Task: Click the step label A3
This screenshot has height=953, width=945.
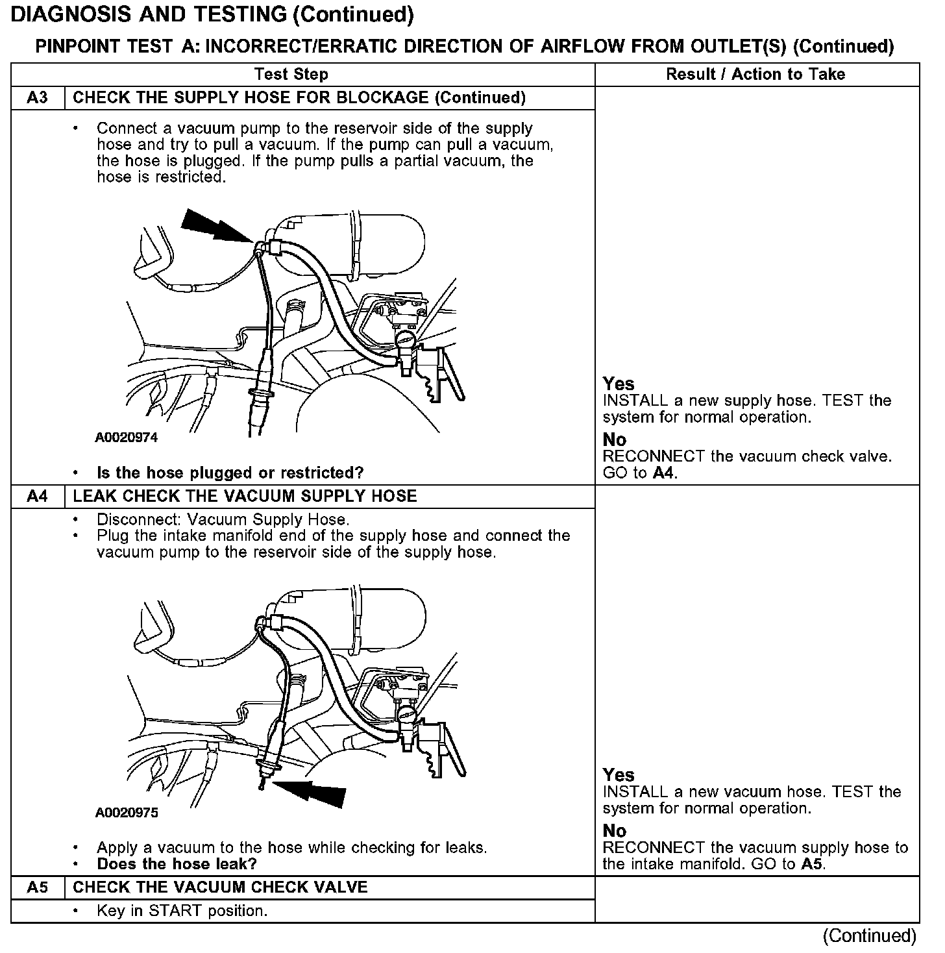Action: [38, 98]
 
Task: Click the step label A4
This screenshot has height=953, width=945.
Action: [38, 497]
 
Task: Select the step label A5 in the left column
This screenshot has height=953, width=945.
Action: [38, 887]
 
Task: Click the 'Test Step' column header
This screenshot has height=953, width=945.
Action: [291, 75]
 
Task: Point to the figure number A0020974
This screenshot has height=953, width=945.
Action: [126, 438]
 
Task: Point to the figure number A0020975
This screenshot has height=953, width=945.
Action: [126, 813]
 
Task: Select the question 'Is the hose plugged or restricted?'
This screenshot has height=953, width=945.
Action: [230, 473]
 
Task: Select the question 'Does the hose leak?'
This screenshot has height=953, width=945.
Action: [177, 864]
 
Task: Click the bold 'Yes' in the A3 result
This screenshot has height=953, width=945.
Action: [618, 384]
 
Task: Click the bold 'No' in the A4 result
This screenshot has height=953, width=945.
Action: [614, 831]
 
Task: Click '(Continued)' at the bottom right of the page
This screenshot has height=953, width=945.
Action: [869, 935]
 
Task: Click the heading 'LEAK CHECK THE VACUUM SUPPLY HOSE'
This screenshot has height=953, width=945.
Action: [245, 497]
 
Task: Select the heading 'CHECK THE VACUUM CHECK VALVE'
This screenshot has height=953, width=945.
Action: [220, 887]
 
